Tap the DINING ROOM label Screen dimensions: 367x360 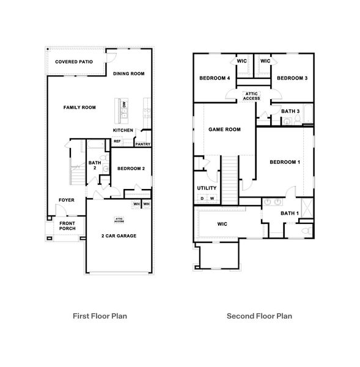tap(128, 73)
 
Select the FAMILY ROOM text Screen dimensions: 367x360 tap(79, 108)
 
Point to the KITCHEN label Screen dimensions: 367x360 tap(123, 130)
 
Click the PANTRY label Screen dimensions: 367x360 tap(142, 144)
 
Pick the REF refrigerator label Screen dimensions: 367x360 tap(117, 141)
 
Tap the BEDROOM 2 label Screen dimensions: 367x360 tap(131, 169)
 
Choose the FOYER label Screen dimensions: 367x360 tap(67, 200)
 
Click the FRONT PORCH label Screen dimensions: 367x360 tap(67, 227)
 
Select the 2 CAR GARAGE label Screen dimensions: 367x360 tap(119, 235)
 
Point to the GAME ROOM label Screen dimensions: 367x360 tap(224, 130)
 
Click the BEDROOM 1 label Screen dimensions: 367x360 tap(285, 162)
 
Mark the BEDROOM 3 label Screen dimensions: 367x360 tap(291, 78)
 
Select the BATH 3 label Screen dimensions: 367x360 tap(289, 111)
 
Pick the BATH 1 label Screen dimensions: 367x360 tap(288, 213)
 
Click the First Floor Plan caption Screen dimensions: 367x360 tap(100, 316)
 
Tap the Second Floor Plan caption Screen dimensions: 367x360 tap(259, 316)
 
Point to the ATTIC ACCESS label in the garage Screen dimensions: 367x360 tap(119, 219)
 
